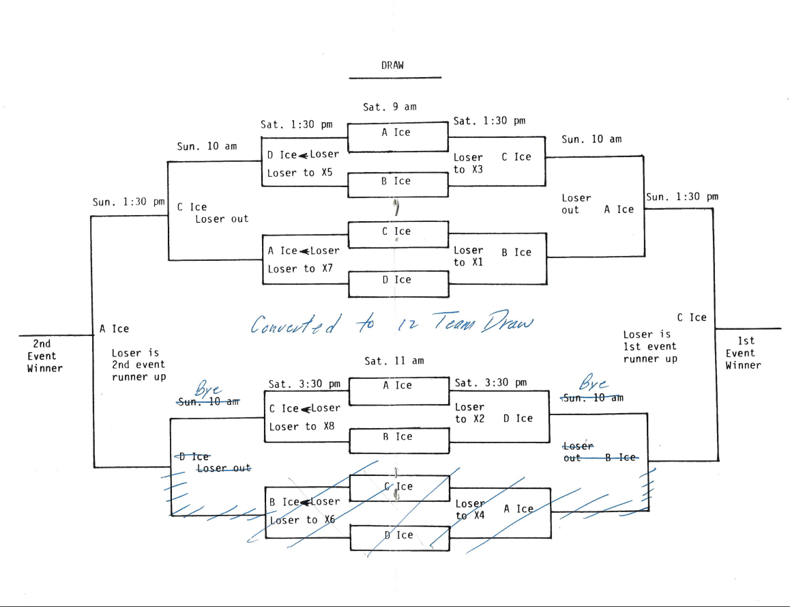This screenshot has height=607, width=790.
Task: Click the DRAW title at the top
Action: [x=392, y=66]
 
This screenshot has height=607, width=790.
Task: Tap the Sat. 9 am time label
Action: [x=390, y=107]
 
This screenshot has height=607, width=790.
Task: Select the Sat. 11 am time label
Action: [x=394, y=361]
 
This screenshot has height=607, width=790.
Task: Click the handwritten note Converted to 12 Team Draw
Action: [x=391, y=323]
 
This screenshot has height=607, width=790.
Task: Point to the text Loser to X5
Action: [x=299, y=173]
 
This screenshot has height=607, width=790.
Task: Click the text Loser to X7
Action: [x=299, y=269]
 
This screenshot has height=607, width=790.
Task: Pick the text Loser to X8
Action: [x=302, y=427]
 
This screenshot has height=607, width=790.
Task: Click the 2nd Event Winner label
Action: [x=44, y=356]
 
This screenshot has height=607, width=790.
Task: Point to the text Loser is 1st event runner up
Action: [x=649, y=347]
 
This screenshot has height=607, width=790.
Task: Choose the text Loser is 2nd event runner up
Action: [x=138, y=365]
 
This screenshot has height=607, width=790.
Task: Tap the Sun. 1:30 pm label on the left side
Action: [x=129, y=202]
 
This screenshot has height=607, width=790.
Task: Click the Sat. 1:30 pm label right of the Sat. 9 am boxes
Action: [x=489, y=121]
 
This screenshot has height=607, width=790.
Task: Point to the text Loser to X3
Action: [x=468, y=163]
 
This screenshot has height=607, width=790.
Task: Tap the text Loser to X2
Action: [x=469, y=413]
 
